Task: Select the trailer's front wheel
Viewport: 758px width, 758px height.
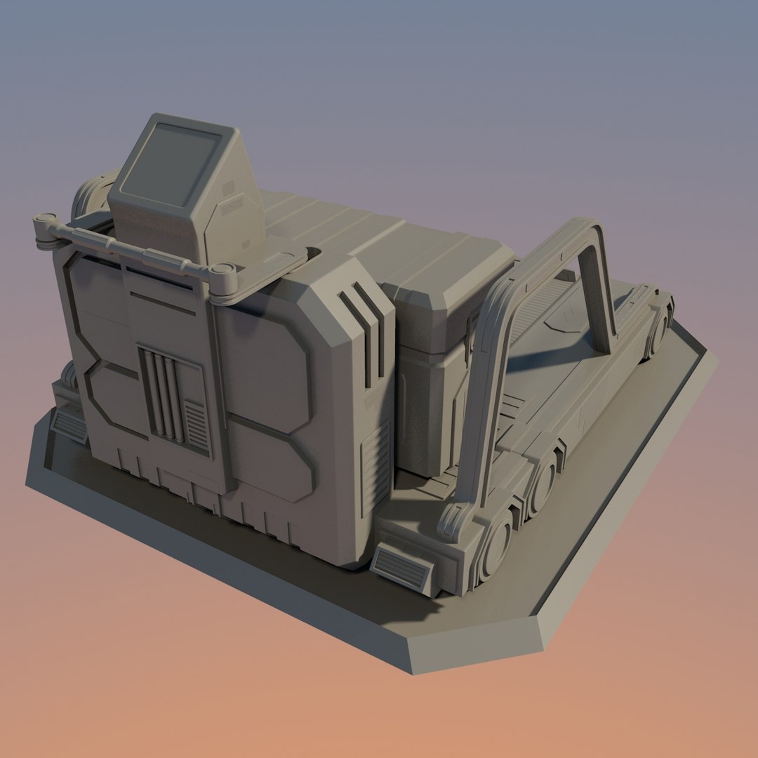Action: click(498, 543)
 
